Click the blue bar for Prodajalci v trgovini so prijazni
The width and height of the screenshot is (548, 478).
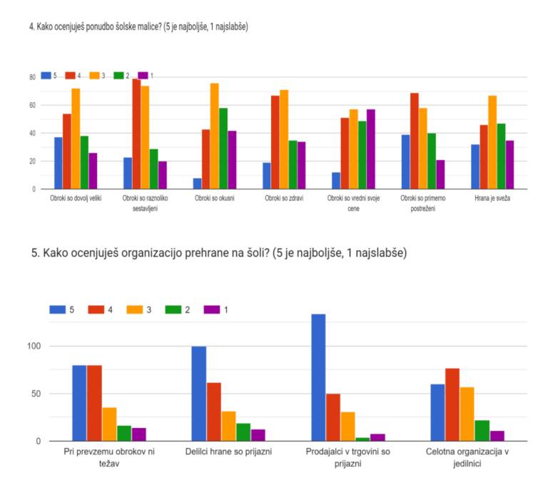[318, 377]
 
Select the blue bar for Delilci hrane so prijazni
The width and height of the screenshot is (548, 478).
[198, 394]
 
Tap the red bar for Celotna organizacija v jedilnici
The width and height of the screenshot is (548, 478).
[452, 404]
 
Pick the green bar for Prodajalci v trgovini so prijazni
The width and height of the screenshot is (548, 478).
[363, 439]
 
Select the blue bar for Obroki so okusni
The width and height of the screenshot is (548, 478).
[197, 184]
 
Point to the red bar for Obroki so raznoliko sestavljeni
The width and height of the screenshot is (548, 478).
[136, 134]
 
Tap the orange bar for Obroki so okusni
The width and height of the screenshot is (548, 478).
[214, 136]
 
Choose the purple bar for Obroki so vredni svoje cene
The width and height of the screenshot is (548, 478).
[370, 149]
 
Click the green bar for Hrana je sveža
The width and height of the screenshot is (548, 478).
[500, 156]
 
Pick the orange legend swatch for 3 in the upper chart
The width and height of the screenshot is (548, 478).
[95, 75]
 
